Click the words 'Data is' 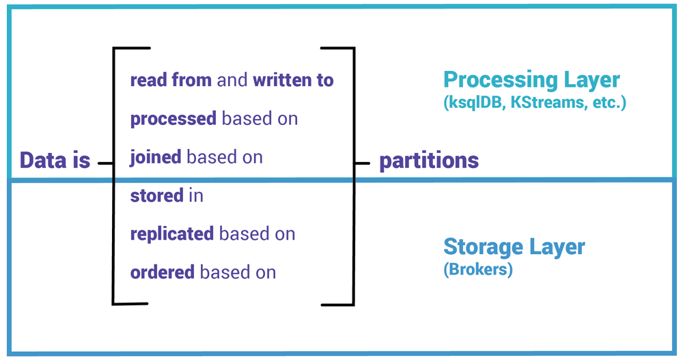55,161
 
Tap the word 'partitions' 429,161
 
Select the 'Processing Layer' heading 531,80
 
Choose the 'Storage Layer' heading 514,246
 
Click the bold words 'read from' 171,80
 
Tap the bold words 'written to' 293,80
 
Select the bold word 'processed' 173,119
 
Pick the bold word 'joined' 155,157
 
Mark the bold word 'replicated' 171,234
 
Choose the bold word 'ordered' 163,272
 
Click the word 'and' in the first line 232,80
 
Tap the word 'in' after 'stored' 196,195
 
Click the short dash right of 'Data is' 104,163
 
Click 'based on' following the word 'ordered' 238,272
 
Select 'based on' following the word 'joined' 225,157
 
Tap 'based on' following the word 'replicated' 257,234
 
